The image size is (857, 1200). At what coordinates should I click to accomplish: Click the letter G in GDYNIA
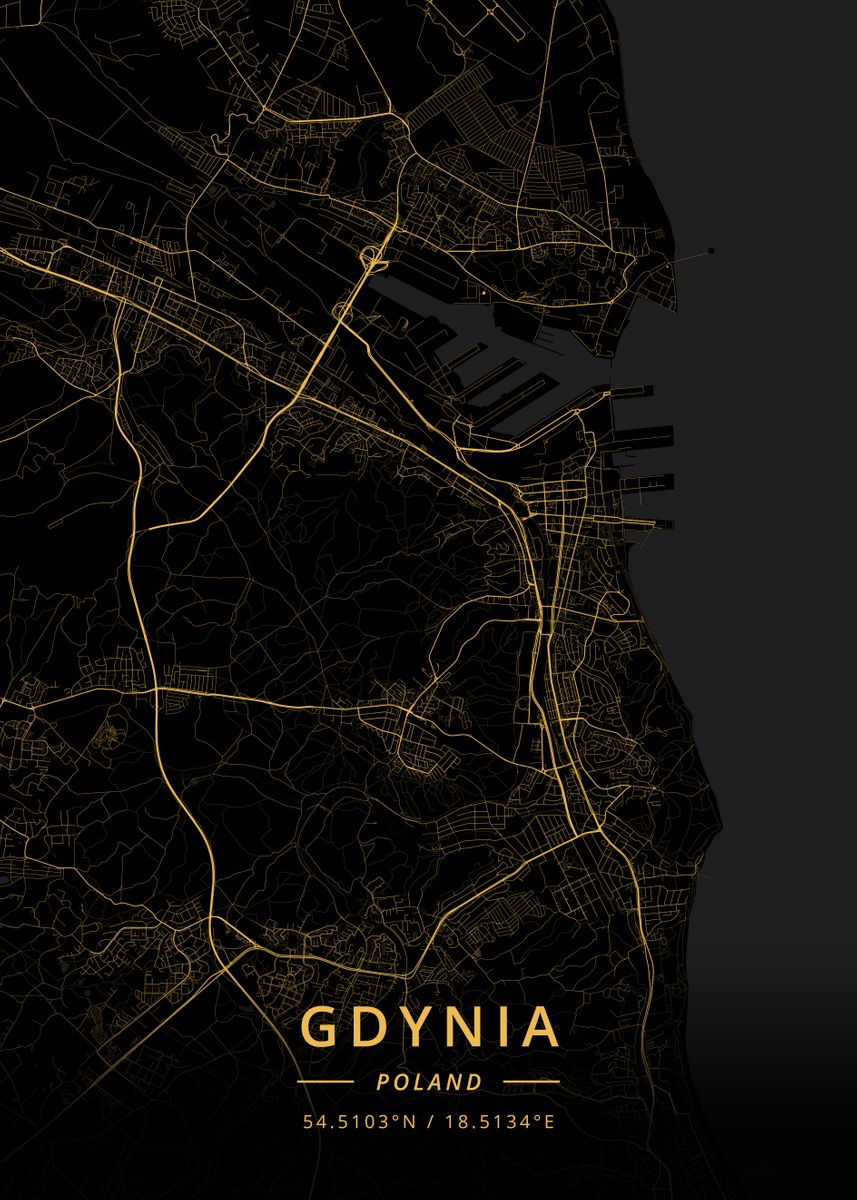tap(320, 1027)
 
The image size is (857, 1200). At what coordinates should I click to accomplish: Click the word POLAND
tap(428, 1082)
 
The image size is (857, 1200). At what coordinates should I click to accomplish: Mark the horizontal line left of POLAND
tap(325, 1082)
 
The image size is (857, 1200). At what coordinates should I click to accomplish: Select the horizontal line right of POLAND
tap(531, 1082)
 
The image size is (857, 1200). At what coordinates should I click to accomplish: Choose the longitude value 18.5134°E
tap(497, 1121)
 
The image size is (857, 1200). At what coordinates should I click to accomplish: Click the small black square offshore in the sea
tap(711, 250)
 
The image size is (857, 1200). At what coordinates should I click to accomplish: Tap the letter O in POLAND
tap(399, 1082)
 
